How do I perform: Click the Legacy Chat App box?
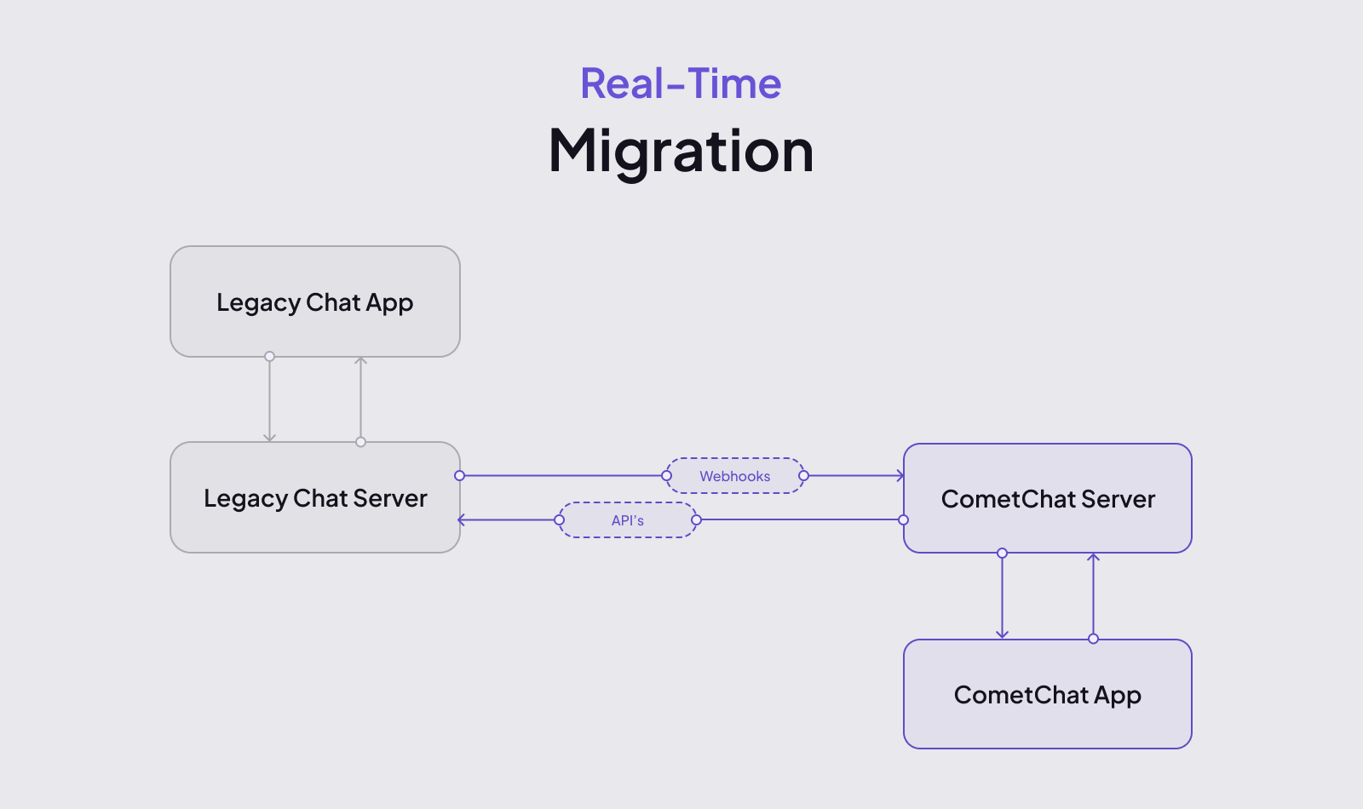point(315,301)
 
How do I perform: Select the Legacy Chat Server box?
point(315,497)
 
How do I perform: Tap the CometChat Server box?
point(1047,498)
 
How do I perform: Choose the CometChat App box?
point(1047,694)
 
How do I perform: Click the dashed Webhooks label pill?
point(735,476)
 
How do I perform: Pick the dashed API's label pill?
point(627,520)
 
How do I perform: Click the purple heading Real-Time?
point(681,83)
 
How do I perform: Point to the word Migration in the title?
point(681,151)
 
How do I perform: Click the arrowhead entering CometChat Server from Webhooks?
point(900,476)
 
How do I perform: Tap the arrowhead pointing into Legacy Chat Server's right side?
point(461,520)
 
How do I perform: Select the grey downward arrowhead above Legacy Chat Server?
point(269,438)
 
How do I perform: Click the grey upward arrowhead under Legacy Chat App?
point(361,361)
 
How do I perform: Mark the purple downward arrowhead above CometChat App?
point(1002,634)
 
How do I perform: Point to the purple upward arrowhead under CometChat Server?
point(1094,557)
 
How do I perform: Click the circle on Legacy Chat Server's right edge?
point(459,476)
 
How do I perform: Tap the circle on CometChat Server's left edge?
point(904,520)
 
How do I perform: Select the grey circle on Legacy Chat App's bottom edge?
point(269,357)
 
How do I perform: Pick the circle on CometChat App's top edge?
point(1094,639)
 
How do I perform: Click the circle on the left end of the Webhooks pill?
point(666,476)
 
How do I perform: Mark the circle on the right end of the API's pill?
point(697,520)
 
